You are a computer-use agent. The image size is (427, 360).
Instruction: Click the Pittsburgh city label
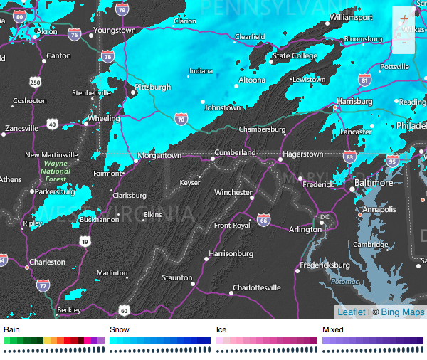153,88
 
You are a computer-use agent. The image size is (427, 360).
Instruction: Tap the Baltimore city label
374,183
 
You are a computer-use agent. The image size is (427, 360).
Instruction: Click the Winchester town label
233,192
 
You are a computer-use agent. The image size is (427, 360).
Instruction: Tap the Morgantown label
159,155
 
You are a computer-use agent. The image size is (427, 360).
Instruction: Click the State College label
295,56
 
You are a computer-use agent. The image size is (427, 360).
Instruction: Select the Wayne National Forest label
56,171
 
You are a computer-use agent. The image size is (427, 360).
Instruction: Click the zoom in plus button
404,18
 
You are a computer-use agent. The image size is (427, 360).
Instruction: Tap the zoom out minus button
404,42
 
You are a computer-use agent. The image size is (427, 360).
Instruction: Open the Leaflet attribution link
352,312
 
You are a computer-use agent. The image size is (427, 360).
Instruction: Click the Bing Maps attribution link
403,312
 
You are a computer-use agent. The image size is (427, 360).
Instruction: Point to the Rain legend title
12,329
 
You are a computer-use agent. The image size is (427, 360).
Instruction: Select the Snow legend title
120,329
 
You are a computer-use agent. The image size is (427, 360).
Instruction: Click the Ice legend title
221,329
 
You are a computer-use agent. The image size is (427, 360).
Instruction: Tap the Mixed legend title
332,329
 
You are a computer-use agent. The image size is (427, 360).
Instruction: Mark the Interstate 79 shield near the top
123,10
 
